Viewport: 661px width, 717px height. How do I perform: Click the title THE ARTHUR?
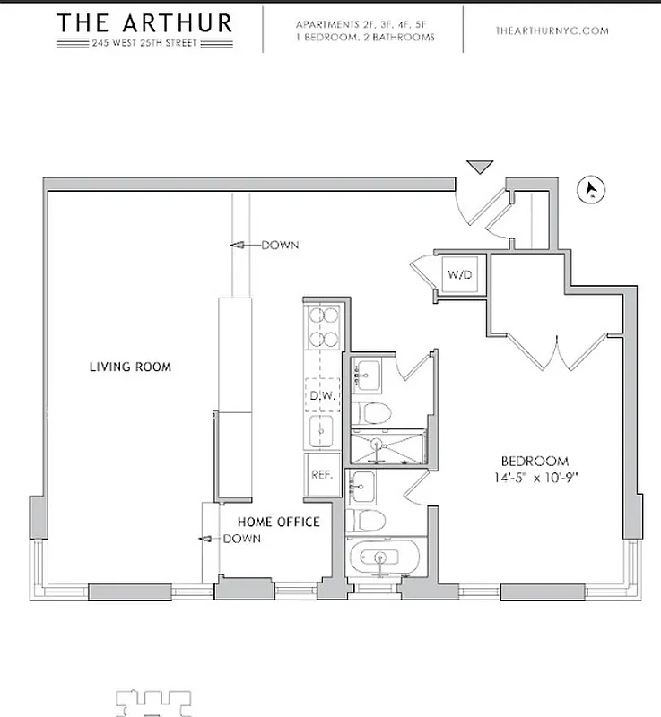pyautogui.click(x=144, y=22)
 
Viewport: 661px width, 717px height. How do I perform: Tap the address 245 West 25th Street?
pyautogui.click(x=144, y=45)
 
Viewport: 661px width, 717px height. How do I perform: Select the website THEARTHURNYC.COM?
pyautogui.click(x=552, y=30)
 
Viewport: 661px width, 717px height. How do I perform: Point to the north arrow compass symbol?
pyautogui.click(x=592, y=189)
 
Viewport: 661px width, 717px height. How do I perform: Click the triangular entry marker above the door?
pyautogui.click(x=480, y=167)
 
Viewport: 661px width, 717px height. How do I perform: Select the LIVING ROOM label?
pyautogui.click(x=130, y=367)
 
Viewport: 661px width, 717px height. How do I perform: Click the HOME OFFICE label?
pyautogui.click(x=278, y=522)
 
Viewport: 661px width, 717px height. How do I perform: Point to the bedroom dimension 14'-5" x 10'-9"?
pyautogui.click(x=535, y=477)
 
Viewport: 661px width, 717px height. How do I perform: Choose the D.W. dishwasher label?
pyautogui.click(x=321, y=395)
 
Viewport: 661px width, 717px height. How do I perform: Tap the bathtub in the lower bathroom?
pyautogui.click(x=380, y=559)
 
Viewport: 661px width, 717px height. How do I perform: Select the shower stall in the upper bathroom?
pyautogui.click(x=380, y=446)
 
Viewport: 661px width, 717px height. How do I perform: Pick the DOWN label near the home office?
pyautogui.click(x=241, y=539)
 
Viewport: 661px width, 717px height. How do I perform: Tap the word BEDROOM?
pyautogui.click(x=535, y=461)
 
